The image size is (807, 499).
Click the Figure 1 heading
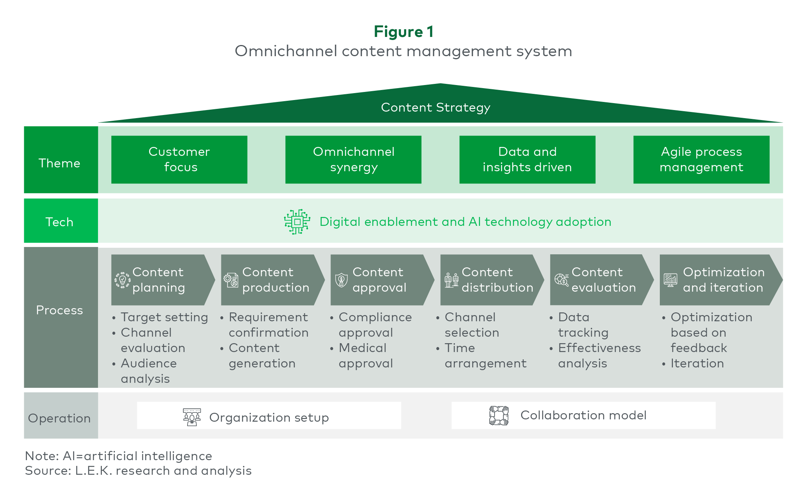[403, 32]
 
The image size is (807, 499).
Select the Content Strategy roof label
[435, 107]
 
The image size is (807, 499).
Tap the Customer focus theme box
[179, 159]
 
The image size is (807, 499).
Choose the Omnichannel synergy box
[353, 159]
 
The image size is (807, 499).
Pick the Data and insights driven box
[527, 159]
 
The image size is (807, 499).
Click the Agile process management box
[701, 159]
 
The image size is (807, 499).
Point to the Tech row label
[59, 222]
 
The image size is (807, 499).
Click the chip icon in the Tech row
[297, 222]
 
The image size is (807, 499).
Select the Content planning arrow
[163, 280]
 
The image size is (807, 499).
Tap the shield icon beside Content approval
[341, 280]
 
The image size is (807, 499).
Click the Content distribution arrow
[492, 280]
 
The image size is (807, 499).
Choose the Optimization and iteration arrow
[721, 280]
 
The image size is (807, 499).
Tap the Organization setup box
[269, 416]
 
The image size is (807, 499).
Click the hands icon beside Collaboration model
[499, 416]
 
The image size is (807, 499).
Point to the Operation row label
[59, 418]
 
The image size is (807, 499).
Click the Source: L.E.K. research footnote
[138, 471]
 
